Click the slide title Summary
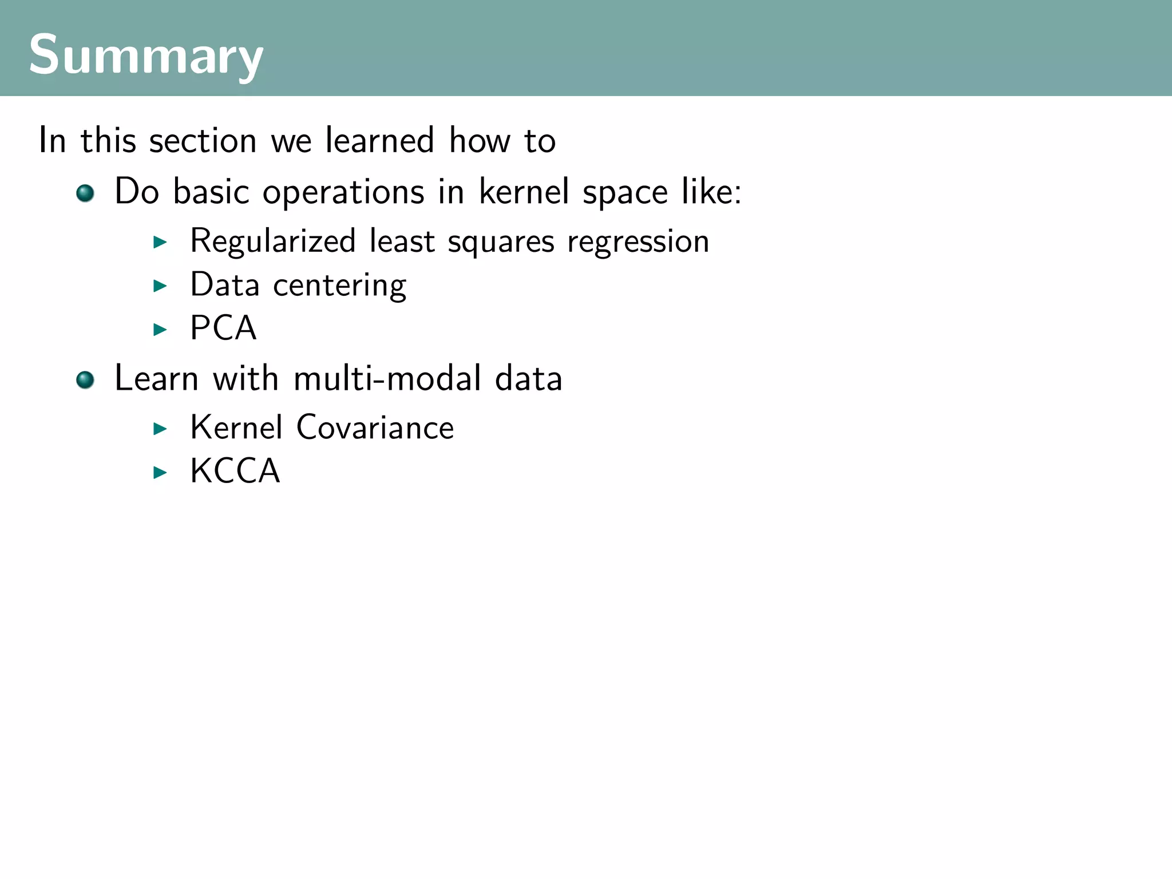click(x=145, y=55)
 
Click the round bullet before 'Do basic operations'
click(x=85, y=193)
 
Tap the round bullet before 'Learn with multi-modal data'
click(x=85, y=379)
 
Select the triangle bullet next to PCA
click(x=160, y=329)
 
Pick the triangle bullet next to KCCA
click(x=160, y=472)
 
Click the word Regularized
click(x=272, y=241)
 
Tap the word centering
click(x=339, y=285)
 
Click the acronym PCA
click(x=223, y=328)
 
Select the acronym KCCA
click(x=235, y=471)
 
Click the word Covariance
click(x=375, y=427)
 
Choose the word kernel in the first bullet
click(x=524, y=191)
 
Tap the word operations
click(x=343, y=192)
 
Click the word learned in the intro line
click(x=379, y=140)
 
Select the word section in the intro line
click(x=203, y=141)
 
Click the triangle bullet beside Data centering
click(x=160, y=286)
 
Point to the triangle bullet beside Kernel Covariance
click(x=160, y=429)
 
